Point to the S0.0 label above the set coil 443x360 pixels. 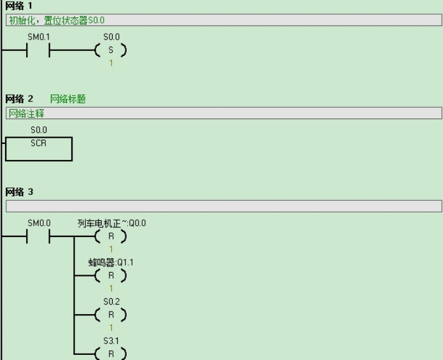(111, 38)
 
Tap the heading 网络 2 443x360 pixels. (19, 99)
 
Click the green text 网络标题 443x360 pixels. (67, 99)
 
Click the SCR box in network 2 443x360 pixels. (39, 148)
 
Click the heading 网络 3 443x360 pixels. (19, 191)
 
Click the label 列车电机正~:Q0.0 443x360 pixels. (111, 223)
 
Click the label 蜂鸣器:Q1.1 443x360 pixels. (111, 262)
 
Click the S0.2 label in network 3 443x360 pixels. (111, 301)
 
